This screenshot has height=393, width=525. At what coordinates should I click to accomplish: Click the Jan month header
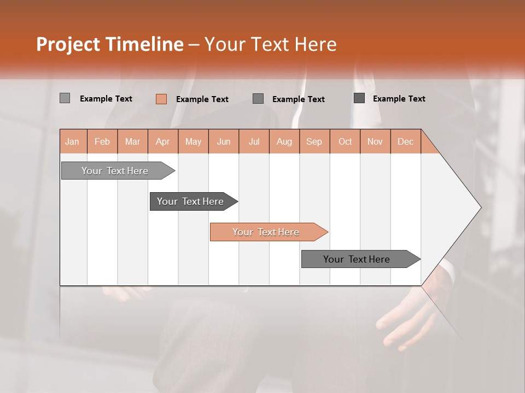72,141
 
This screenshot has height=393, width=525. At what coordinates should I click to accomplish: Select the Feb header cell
102,141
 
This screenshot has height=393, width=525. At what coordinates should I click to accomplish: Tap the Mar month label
132,141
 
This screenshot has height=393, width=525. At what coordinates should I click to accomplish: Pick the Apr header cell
163,141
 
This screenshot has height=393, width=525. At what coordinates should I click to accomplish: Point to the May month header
193,141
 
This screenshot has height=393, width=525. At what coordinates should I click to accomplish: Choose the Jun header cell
224,141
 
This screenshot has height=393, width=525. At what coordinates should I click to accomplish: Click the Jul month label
254,141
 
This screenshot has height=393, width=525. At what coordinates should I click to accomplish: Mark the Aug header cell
284,141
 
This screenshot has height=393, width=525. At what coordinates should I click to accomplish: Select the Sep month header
314,141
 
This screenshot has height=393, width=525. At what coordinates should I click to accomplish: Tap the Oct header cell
345,141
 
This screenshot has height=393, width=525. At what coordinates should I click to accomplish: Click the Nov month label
375,141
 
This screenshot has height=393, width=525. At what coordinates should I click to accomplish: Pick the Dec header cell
405,141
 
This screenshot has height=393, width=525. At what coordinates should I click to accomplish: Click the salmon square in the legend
161,99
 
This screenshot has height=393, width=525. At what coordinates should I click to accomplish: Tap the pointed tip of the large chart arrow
480,207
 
